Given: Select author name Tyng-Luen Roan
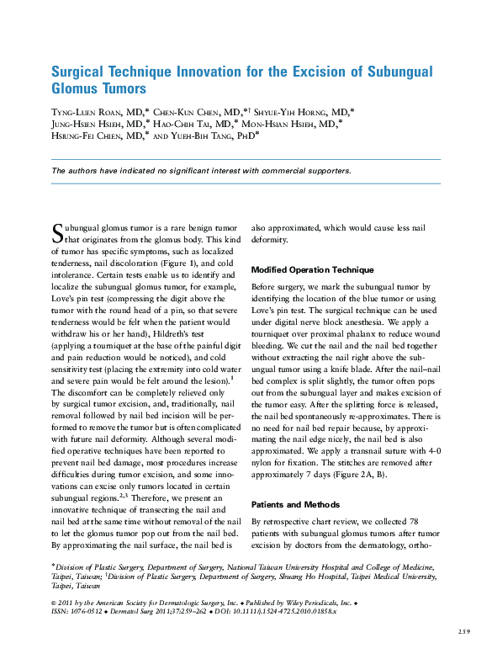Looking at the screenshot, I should click(x=94, y=112).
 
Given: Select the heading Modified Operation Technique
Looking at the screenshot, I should click(x=312, y=270).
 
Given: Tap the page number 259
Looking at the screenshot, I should click(x=463, y=631).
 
